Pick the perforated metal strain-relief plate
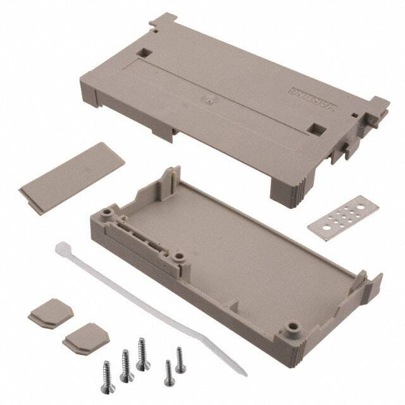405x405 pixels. [x=344, y=217]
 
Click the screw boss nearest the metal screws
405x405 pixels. [x=293, y=329]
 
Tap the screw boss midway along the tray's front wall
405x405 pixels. [x=179, y=258]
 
